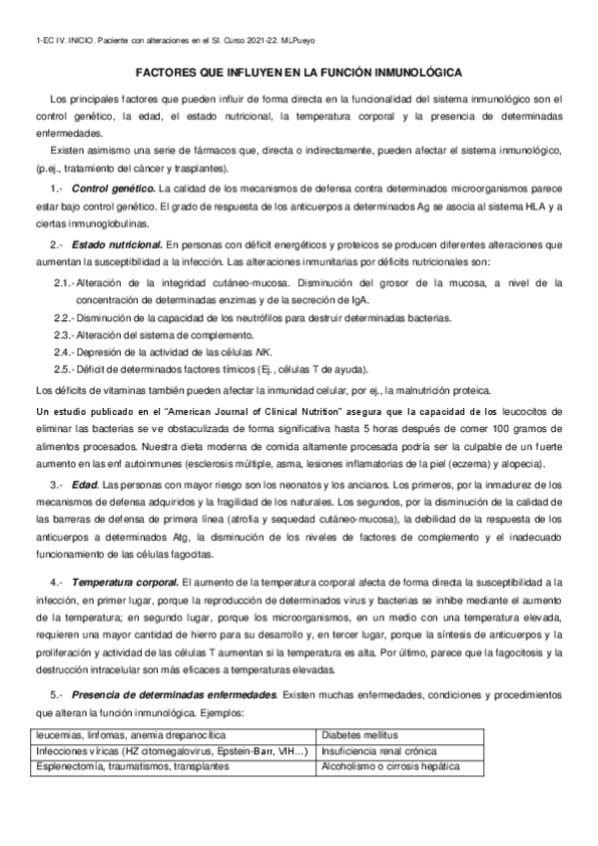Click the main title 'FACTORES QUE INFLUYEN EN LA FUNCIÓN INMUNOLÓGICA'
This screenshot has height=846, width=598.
(299, 75)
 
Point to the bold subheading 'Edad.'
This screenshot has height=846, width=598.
(85, 484)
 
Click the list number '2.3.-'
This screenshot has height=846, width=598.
(66, 334)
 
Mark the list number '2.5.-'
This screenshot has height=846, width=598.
(66, 368)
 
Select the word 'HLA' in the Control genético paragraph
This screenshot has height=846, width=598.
(530, 207)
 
